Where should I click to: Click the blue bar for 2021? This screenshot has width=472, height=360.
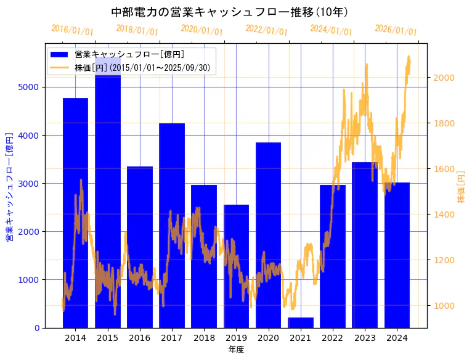(x=301, y=322)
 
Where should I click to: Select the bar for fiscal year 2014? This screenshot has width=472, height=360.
(x=75, y=213)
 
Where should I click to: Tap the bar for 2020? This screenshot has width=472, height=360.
(x=268, y=235)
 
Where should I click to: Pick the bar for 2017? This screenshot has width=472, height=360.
(x=172, y=225)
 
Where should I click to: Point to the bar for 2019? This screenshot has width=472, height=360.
(x=236, y=266)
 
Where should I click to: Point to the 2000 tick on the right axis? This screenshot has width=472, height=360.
(x=446, y=78)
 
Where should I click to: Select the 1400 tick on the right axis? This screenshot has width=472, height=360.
(x=446, y=215)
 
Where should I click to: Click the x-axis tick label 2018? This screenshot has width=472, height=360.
(x=204, y=338)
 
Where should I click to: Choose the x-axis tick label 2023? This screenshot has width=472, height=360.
(x=365, y=338)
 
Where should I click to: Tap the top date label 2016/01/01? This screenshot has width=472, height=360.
(x=72, y=30)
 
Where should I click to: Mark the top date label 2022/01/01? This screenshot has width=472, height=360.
(x=266, y=30)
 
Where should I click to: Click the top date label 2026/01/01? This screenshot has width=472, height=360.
(x=396, y=30)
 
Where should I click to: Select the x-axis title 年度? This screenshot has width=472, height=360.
(x=236, y=350)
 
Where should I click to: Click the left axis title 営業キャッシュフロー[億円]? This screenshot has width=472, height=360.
(x=9, y=185)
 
